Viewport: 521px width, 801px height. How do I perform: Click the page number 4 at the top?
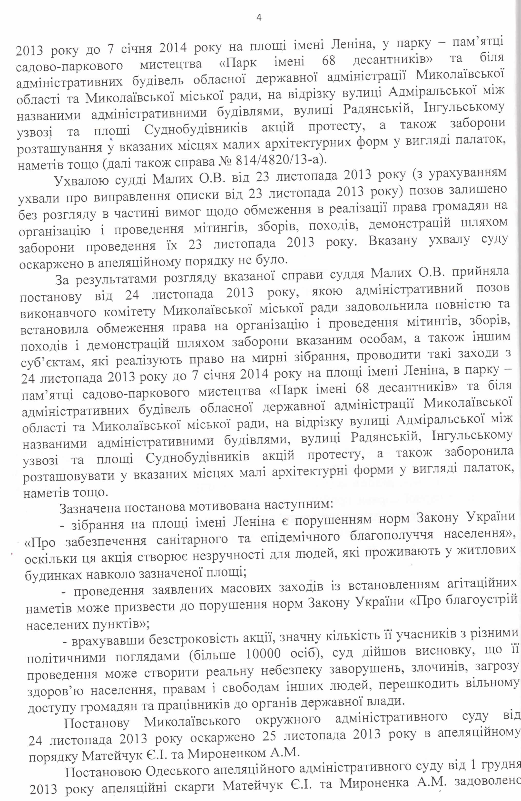pos(259,18)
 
